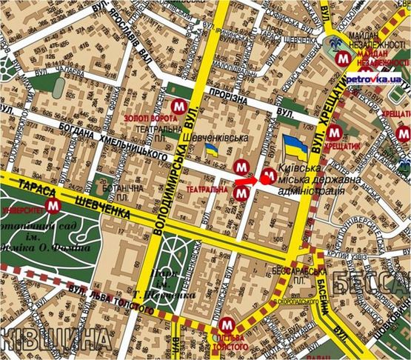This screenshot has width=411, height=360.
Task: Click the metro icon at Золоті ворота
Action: click(177, 107)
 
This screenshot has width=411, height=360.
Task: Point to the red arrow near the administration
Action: click(246, 180)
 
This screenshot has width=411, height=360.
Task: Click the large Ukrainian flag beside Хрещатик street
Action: click(296, 148)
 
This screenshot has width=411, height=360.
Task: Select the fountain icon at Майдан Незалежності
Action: click(337, 46)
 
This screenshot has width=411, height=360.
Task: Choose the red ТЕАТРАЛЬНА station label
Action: click(210, 190)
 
